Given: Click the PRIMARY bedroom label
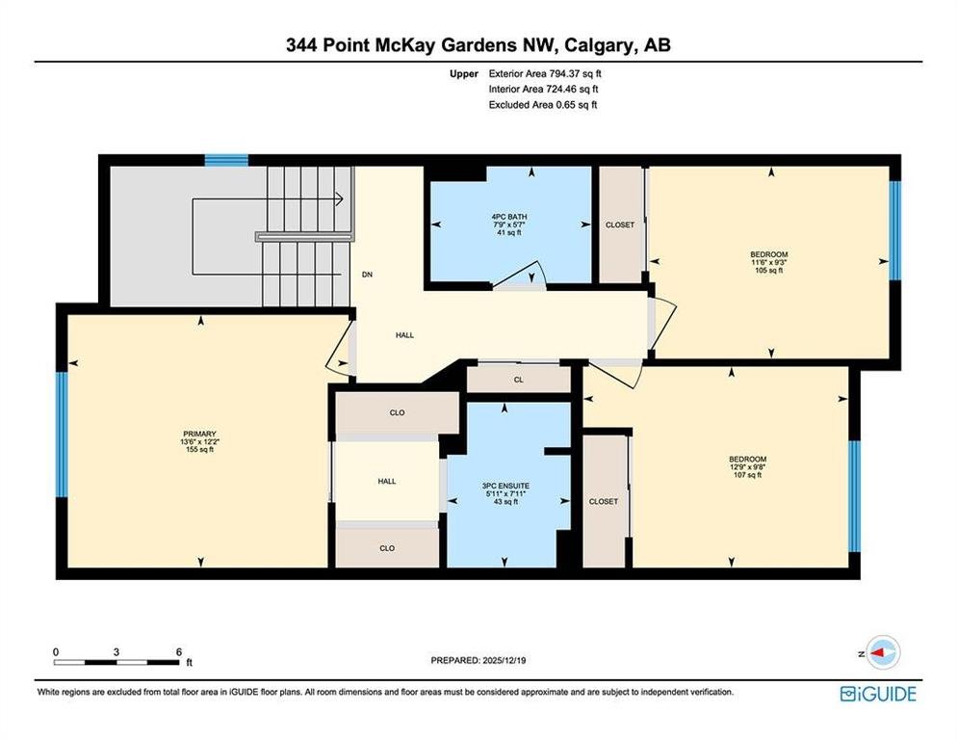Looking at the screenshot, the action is (x=199, y=434).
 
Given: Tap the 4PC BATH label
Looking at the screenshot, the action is (x=509, y=217).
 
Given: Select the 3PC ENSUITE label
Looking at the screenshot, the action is (x=505, y=486).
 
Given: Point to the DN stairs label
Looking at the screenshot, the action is (x=367, y=275).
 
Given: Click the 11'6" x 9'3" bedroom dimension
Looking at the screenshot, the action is (x=768, y=262).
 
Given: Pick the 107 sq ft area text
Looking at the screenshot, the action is (x=747, y=475).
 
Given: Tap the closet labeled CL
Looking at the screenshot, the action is (x=519, y=380).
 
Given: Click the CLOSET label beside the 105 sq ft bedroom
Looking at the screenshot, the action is (x=619, y=225).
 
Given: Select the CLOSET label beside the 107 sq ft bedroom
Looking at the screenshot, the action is (x=604, y=501).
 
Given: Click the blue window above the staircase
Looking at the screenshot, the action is (x=226, y=160).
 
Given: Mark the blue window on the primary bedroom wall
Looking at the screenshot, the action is (x=62, y=435).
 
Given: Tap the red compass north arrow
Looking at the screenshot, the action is (x=877, y=652).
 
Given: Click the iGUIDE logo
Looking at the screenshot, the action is (x=878, y=694).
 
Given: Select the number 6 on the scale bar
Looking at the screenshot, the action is (x=179, y=652).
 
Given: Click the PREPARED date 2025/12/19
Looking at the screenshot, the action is (x=504, y=660).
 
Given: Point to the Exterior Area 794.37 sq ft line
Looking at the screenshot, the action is (x=545, y=73).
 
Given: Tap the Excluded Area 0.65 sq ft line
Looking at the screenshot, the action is (x=543, y=104).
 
